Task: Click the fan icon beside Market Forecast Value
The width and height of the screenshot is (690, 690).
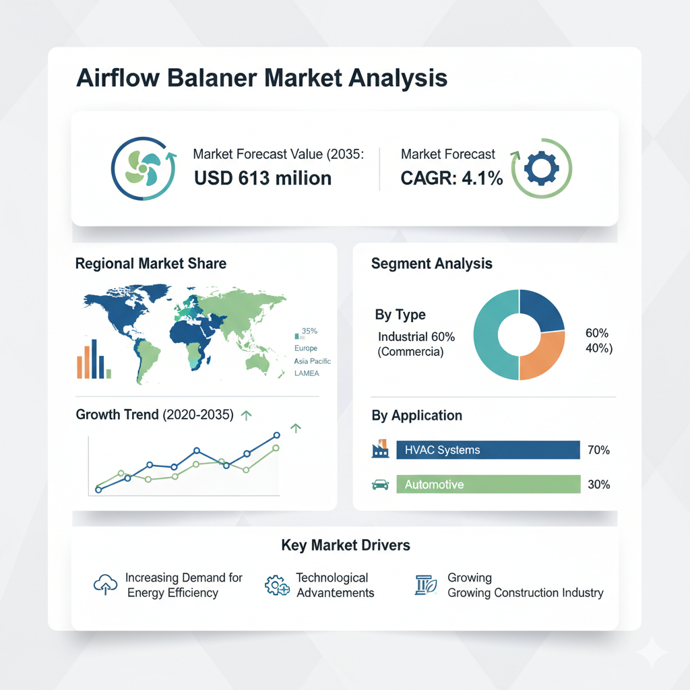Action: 143,168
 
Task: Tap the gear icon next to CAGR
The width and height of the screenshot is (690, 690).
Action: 542,168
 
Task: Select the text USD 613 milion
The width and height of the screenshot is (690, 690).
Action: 263,178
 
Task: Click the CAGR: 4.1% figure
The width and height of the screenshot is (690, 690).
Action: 451,178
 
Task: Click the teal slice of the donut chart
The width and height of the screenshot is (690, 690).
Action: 489,334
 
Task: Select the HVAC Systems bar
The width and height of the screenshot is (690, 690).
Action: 488,449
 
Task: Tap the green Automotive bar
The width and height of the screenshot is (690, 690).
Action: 488,484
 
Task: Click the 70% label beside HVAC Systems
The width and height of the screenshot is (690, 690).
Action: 598,449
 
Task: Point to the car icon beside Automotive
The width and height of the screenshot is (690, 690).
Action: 380,484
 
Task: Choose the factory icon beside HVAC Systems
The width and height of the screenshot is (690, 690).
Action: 380,448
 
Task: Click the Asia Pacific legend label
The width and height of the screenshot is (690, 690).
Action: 313,361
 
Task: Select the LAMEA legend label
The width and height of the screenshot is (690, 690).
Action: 307,373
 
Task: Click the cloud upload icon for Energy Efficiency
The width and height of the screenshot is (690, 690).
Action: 106,584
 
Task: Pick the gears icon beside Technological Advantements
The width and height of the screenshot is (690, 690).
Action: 277,586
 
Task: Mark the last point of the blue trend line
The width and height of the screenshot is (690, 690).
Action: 277,435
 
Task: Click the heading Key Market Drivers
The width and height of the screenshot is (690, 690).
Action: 346,545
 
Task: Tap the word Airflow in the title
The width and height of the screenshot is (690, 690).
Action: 118,78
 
